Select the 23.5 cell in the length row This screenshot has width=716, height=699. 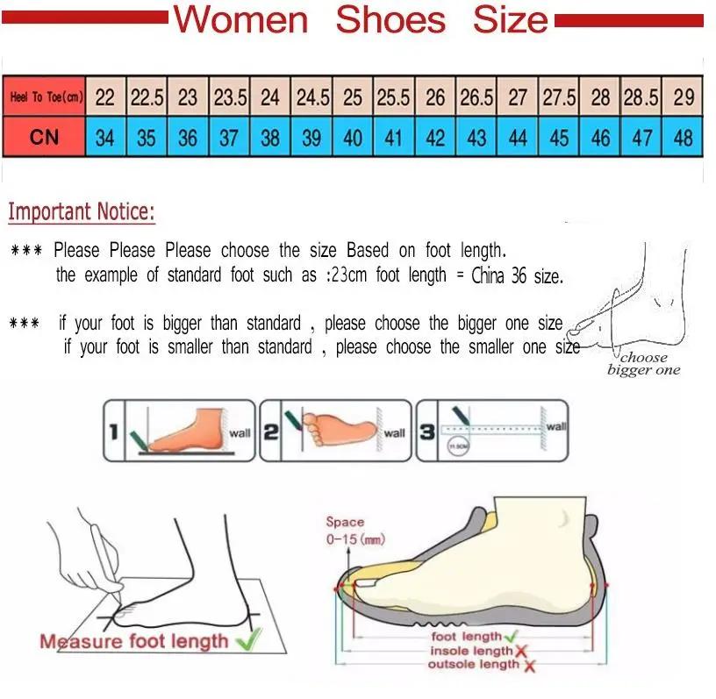[230, 97]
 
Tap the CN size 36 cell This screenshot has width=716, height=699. [188, 138]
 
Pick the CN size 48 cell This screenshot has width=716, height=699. [684, 138]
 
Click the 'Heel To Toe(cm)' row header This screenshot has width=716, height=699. [45, 97]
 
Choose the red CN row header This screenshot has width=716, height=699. [45, 138]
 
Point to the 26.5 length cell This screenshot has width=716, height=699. [476, 97]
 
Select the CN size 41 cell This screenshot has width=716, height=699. [394, 138]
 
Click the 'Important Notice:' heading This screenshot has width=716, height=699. [81, 212]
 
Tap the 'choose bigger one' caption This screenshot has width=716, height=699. [643, 364]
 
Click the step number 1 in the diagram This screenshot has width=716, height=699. [114, 431]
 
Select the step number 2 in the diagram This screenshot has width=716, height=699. [270, 431]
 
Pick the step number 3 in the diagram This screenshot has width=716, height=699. [426, 431]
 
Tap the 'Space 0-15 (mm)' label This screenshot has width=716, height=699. [353, 531]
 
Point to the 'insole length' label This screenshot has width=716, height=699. [471, 651]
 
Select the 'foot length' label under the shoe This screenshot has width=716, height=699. [467, 637]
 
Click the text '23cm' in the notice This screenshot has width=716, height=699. [347, 275]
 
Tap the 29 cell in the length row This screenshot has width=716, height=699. [684, 97]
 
